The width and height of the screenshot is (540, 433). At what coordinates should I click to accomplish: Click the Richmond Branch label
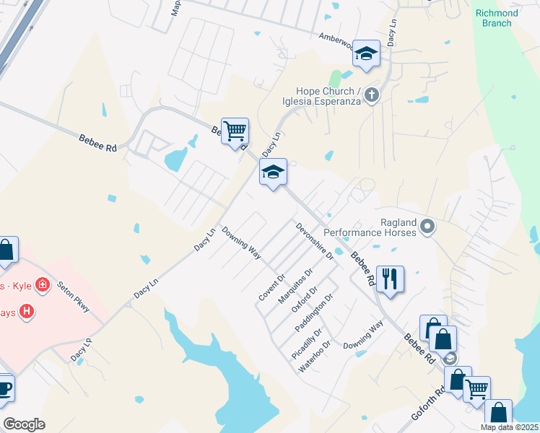tap(497, 18)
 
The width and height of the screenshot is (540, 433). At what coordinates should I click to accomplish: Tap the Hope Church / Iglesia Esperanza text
tap(328, 96)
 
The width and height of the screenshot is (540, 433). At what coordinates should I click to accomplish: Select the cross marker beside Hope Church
tap(372, 95)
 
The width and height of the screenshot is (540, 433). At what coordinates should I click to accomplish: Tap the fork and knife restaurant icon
tap(391, 278)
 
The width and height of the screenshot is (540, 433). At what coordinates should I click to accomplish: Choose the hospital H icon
tap(27, 311)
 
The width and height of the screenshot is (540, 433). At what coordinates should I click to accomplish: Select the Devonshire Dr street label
tap(314, 241)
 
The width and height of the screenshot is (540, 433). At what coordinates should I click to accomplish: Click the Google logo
tap(24, 424)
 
